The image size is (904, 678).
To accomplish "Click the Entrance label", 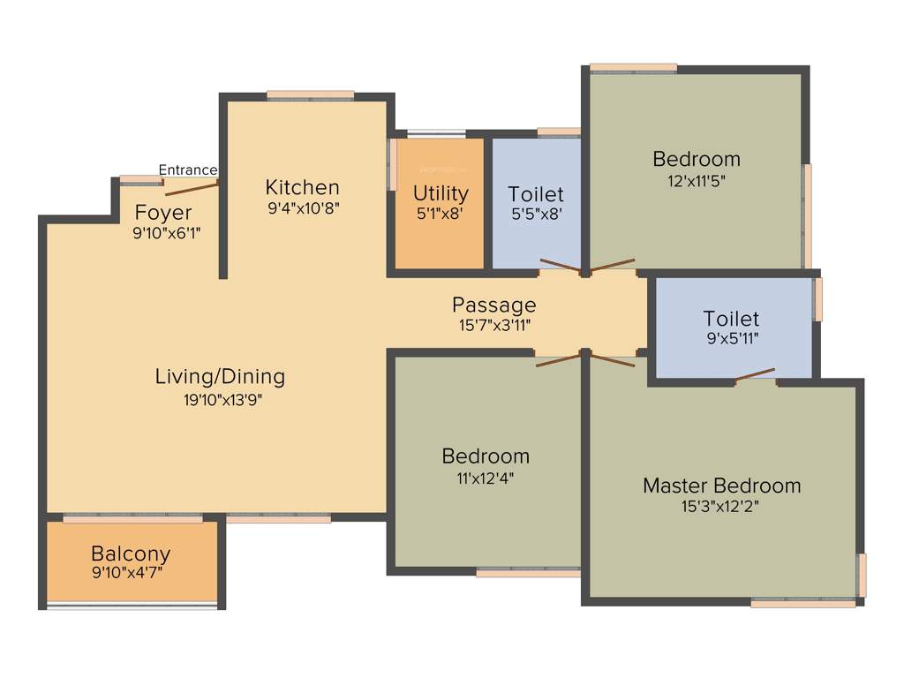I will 187,169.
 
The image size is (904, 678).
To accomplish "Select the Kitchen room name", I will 302,187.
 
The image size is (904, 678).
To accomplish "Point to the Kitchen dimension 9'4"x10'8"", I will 302,208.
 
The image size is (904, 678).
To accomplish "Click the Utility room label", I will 441,193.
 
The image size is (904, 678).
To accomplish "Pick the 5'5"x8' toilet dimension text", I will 536,214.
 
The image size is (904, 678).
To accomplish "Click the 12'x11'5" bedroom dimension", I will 696,181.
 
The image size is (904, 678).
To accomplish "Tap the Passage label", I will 493,305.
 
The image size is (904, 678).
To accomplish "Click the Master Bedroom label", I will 721,486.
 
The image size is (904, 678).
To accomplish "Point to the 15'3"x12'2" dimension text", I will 721,506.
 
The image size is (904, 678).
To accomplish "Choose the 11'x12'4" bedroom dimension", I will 485,478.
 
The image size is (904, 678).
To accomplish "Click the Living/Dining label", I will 220,377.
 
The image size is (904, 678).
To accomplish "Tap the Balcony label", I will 131,554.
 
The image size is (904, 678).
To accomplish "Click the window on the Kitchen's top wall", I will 310,95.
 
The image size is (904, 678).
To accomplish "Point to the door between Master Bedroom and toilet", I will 755,376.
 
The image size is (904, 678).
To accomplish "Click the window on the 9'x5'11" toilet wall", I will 818,299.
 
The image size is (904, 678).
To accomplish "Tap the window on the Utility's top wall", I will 436,133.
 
